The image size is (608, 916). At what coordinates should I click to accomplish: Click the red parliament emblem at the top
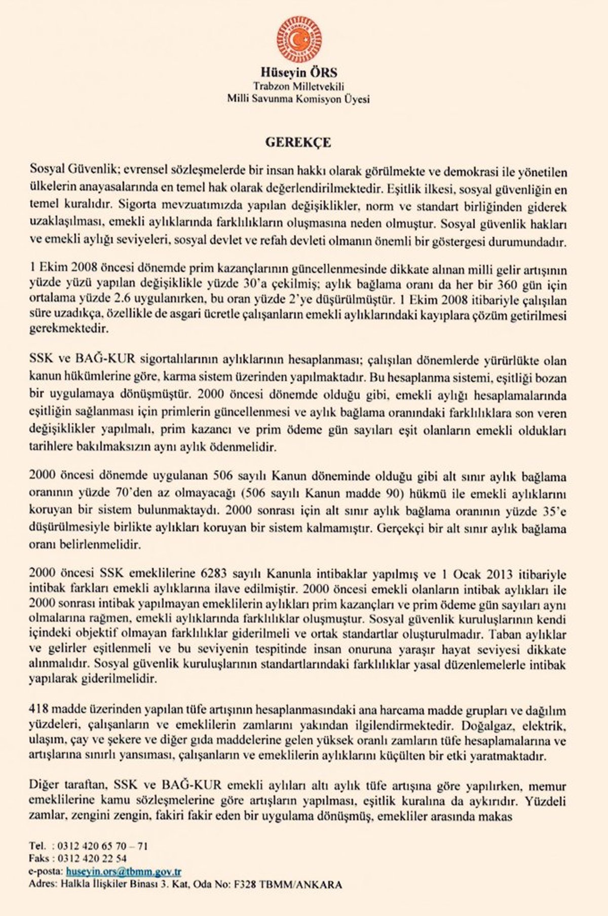click(299, 40)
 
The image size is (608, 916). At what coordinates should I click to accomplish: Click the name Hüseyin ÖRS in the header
click(298, 72)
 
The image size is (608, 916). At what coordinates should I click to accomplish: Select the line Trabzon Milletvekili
click(298, 86)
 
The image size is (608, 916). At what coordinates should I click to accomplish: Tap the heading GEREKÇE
click(298, 142)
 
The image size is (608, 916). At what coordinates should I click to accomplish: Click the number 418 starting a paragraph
click(39, 710)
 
